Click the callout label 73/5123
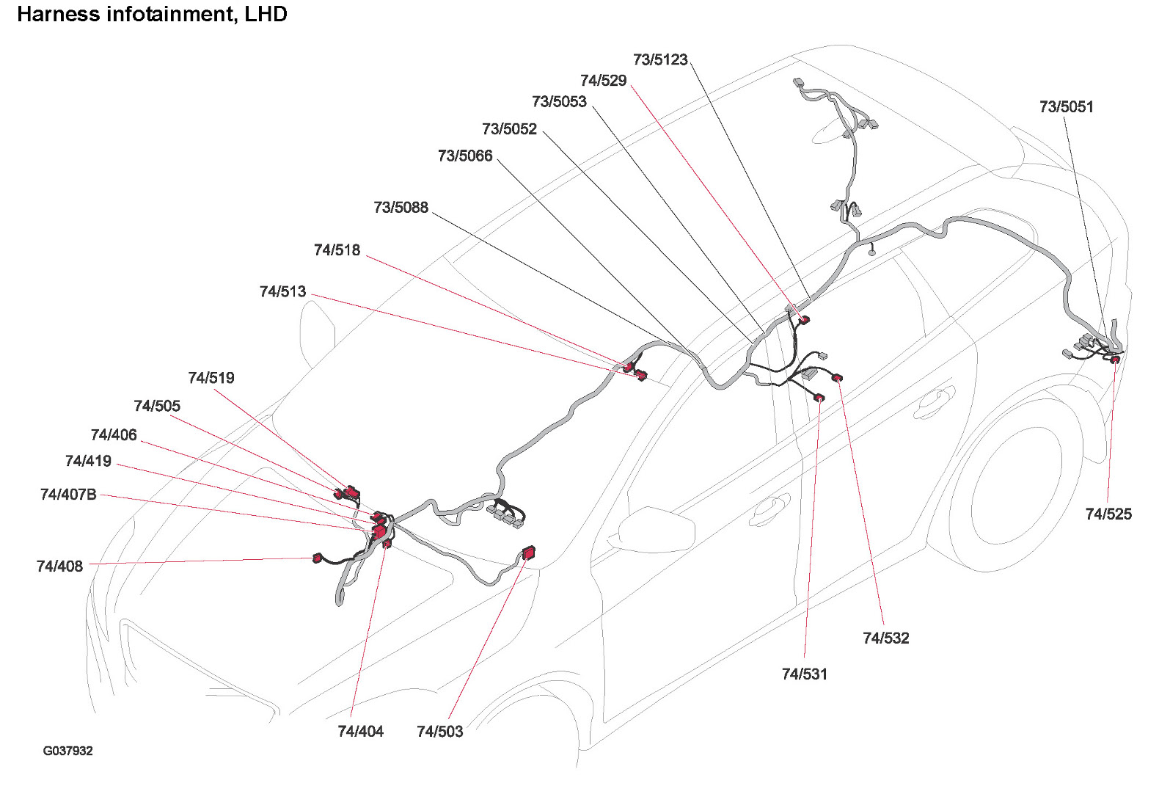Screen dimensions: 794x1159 [x=660, y=60]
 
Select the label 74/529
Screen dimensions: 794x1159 [x=603, y=81]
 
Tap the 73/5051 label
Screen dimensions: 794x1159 [x=1066, y=107]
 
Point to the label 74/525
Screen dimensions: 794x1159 [x=1108, y=514]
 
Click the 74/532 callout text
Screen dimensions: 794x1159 [x=885, y=638]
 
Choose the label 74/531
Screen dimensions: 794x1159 [x=804, y=674]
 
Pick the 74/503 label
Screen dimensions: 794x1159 [x=439, y=732]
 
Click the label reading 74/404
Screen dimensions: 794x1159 [x=360, y=732]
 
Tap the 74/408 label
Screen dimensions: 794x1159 [x=59, y=567]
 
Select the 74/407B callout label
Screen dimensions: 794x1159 [x=68, y=495]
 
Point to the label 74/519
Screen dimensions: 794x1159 [x=211, y=379]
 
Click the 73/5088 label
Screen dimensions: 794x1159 [x=401, y=208]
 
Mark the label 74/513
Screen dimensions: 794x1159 [x=282, y=292]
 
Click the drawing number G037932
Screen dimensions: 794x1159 [x=67, y=751]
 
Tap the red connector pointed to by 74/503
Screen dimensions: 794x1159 [x=528, y=553]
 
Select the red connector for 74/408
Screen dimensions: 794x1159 [x=318, y=558]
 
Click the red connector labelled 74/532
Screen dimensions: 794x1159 [x=837, y=378]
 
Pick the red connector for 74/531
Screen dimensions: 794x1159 [x=819, y=398]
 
